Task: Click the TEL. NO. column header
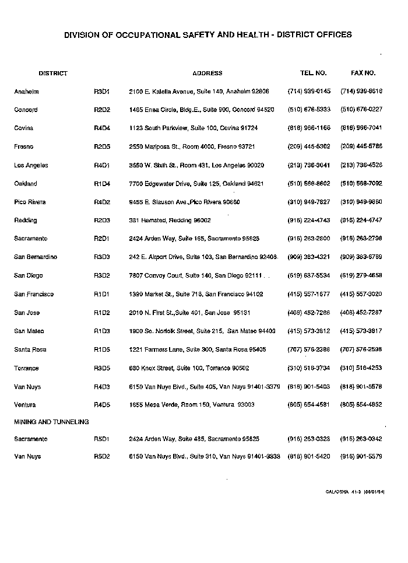coord(313,74)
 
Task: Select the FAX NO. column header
coord(363,74)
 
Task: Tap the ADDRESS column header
coord(207,74)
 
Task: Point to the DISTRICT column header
coord(53,74)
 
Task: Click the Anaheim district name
coord(26,92)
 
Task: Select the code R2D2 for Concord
coord(102,110)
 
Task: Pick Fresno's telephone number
coord(309,146)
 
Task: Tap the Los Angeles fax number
coord(361,165)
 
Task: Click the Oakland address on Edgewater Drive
coord(196,184)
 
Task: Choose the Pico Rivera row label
coord(30,202)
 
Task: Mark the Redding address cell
coord(170,221)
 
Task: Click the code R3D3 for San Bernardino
coord(102,257)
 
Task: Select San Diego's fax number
coord(361,275)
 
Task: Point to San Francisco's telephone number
coord(309,294)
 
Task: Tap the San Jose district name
coord(27,313)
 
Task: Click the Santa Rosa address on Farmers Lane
coord(197,349)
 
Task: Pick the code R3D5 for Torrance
coord(102,368)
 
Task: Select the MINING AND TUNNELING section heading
coord(51,421)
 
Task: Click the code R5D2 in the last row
coord(102,456)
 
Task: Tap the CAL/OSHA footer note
coord(355,492)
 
